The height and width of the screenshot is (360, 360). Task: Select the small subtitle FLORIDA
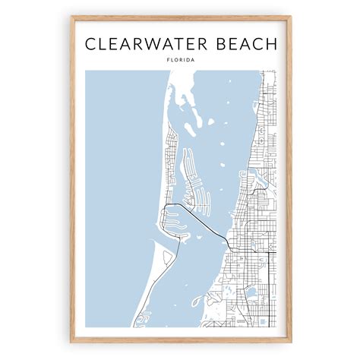180,60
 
